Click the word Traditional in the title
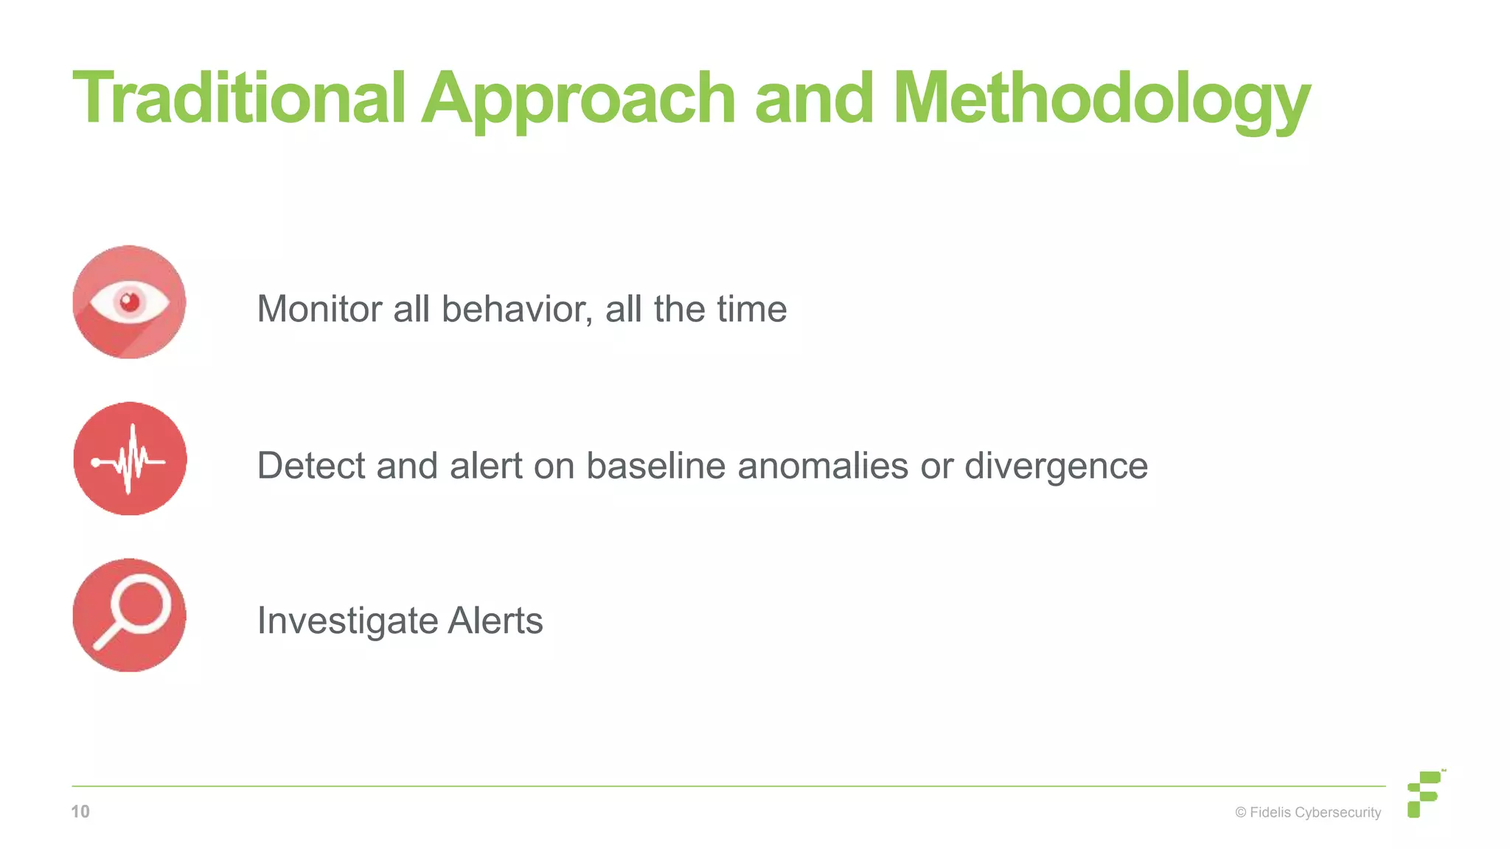(x=239, y=98)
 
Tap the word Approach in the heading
(x=579, y=99)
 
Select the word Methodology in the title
(x=1101, y=99)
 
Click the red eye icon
(x=129, y=302)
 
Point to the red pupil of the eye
(x=131, y=302)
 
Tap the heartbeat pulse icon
(x=130, y=458)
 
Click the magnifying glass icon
(x=130, y=615)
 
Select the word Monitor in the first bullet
(x=319, y=309)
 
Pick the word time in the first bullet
(x=754, y=309)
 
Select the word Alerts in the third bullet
(x=495, y=621)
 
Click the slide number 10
(x=80, y=811)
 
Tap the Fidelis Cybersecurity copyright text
(x=1308, y=812)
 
